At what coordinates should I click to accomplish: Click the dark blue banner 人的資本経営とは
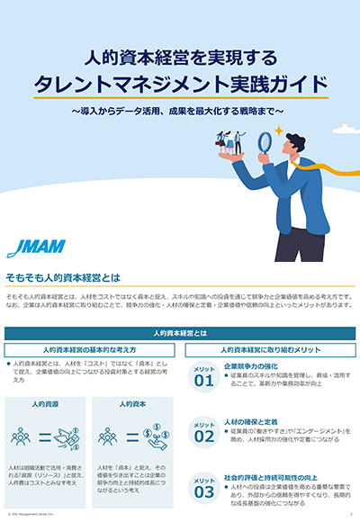coord(180,332)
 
